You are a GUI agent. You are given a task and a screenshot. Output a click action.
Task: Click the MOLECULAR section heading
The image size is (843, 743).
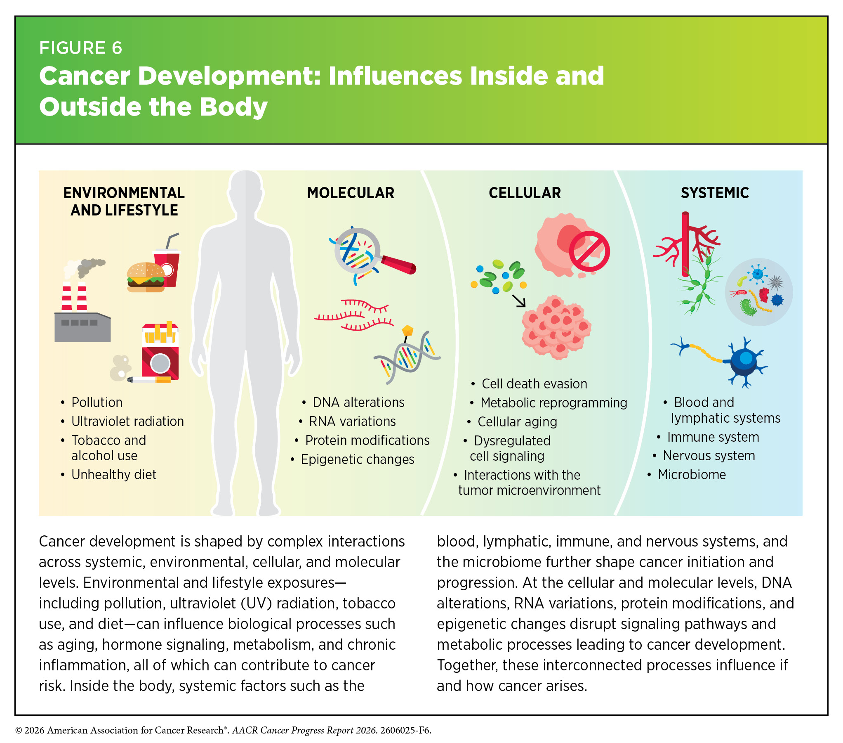[x=351, y=193]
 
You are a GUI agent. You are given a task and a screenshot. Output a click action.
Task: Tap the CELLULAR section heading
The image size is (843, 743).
[x=525, y=193]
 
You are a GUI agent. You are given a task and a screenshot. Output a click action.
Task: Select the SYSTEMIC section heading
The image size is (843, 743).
[x=715, y=193]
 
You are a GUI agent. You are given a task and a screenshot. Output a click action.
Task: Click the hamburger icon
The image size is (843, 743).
[x=146, y=277]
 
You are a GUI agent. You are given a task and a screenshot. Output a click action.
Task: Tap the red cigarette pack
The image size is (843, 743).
[x=160, y=351]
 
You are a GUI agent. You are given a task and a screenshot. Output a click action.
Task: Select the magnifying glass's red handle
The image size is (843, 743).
[x=398, y=265]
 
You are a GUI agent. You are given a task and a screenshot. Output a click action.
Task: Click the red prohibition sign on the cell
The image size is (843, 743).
[x=589, y=252]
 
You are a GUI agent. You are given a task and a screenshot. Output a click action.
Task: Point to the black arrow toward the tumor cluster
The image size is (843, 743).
[x=519, y=301]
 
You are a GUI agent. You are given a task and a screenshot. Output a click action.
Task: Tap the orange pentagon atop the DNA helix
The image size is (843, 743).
[x=407, y=330]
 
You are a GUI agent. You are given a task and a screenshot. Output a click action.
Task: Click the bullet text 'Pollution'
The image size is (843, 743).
[x=97, y=402]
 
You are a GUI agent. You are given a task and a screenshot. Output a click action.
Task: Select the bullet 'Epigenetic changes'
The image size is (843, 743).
[x=357, y=459]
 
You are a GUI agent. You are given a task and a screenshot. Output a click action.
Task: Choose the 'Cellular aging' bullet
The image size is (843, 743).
[x=517, y=422]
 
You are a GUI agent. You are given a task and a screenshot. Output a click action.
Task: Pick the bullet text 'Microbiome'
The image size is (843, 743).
[x=692, y=475]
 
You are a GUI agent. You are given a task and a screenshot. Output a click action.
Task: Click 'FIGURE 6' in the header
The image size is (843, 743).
[x=81, y=48]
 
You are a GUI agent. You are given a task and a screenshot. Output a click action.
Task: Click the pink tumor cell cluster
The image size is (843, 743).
[x=557, y=327]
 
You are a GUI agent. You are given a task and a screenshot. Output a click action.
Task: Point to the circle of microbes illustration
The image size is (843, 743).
[x=759, y=292]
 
